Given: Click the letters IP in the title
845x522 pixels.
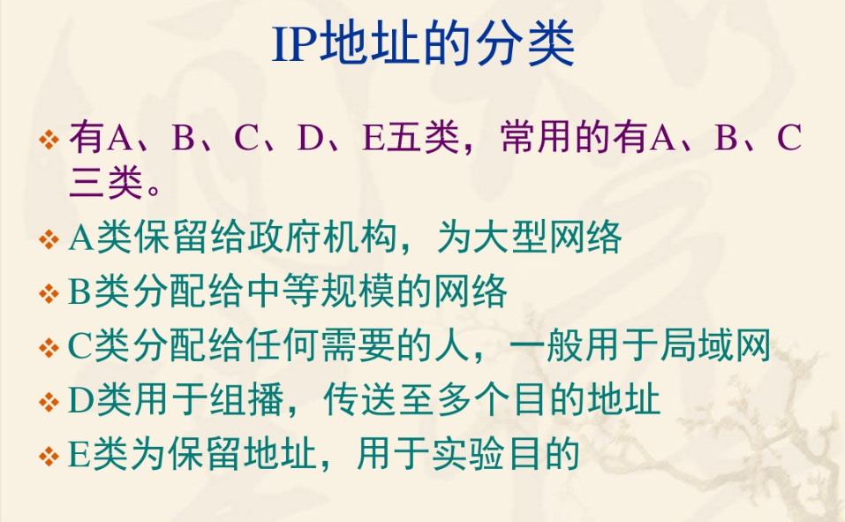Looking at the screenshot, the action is [x=295, y=44].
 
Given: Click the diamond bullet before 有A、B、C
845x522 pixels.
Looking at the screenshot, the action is [x=49, y=140].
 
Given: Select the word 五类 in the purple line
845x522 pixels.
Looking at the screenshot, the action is [x=423, y=138].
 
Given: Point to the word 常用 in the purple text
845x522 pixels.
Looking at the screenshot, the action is [x=538, y=138].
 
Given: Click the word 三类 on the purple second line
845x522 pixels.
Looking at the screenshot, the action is [x=106, y=183].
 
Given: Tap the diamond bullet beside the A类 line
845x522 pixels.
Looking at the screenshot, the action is [x=49, y=239].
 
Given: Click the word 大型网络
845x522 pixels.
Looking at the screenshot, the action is [x=547, y=238].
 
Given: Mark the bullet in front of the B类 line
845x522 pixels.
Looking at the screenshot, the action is [x=49, y=293].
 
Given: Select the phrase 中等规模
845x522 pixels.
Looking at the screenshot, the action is [x=321, y=291].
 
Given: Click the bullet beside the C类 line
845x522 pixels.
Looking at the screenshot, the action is [x=49, y=347].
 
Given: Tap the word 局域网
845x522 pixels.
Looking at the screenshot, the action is [x=714, y=345].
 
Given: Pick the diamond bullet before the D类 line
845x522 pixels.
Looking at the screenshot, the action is [x=49, y=401].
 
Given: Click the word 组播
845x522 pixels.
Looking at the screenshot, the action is [x=247, y=399].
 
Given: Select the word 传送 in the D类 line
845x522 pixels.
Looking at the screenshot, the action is [x=359, y=399].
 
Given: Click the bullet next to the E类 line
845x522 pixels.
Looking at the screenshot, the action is [x=49, y=457].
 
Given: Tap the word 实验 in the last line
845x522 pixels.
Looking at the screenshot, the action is [x=468, y=454].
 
